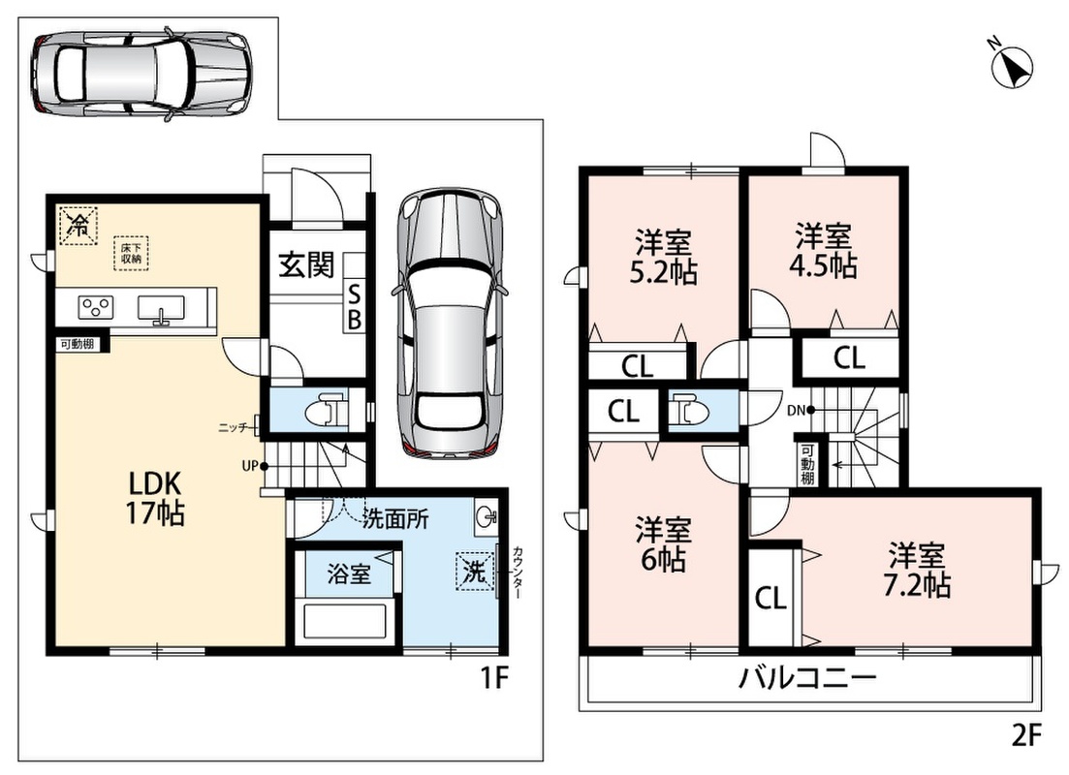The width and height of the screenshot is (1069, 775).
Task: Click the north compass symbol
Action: tap(1013, 66)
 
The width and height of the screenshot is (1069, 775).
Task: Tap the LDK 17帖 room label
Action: tap(155, 498)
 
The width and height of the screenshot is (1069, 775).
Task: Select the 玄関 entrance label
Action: tap(307, 265)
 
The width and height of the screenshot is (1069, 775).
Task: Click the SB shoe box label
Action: tap(355, 307)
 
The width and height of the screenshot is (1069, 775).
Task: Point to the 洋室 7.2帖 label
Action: tap(917, 571)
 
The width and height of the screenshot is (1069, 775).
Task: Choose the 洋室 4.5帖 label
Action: tap(823, 251)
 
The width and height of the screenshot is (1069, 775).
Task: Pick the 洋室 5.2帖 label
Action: tap(663, 257)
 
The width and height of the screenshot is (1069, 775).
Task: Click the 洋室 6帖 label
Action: tap(663, 544)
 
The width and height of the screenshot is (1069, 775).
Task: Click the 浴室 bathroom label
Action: tap(349, 573)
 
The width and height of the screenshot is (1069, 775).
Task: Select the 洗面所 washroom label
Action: tap(396, 519)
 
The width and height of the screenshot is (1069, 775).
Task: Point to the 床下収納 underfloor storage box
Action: tap(131, 253)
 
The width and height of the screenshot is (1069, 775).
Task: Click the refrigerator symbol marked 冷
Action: tap(79, 224)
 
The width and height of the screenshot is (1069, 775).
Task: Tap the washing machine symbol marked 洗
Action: tap(476, 570)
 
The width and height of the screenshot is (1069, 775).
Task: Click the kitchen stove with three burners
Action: tap(95, 307)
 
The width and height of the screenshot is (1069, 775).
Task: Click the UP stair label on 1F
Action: tap(249, 467)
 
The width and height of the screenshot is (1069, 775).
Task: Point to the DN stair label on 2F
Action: tap(796, 411)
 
